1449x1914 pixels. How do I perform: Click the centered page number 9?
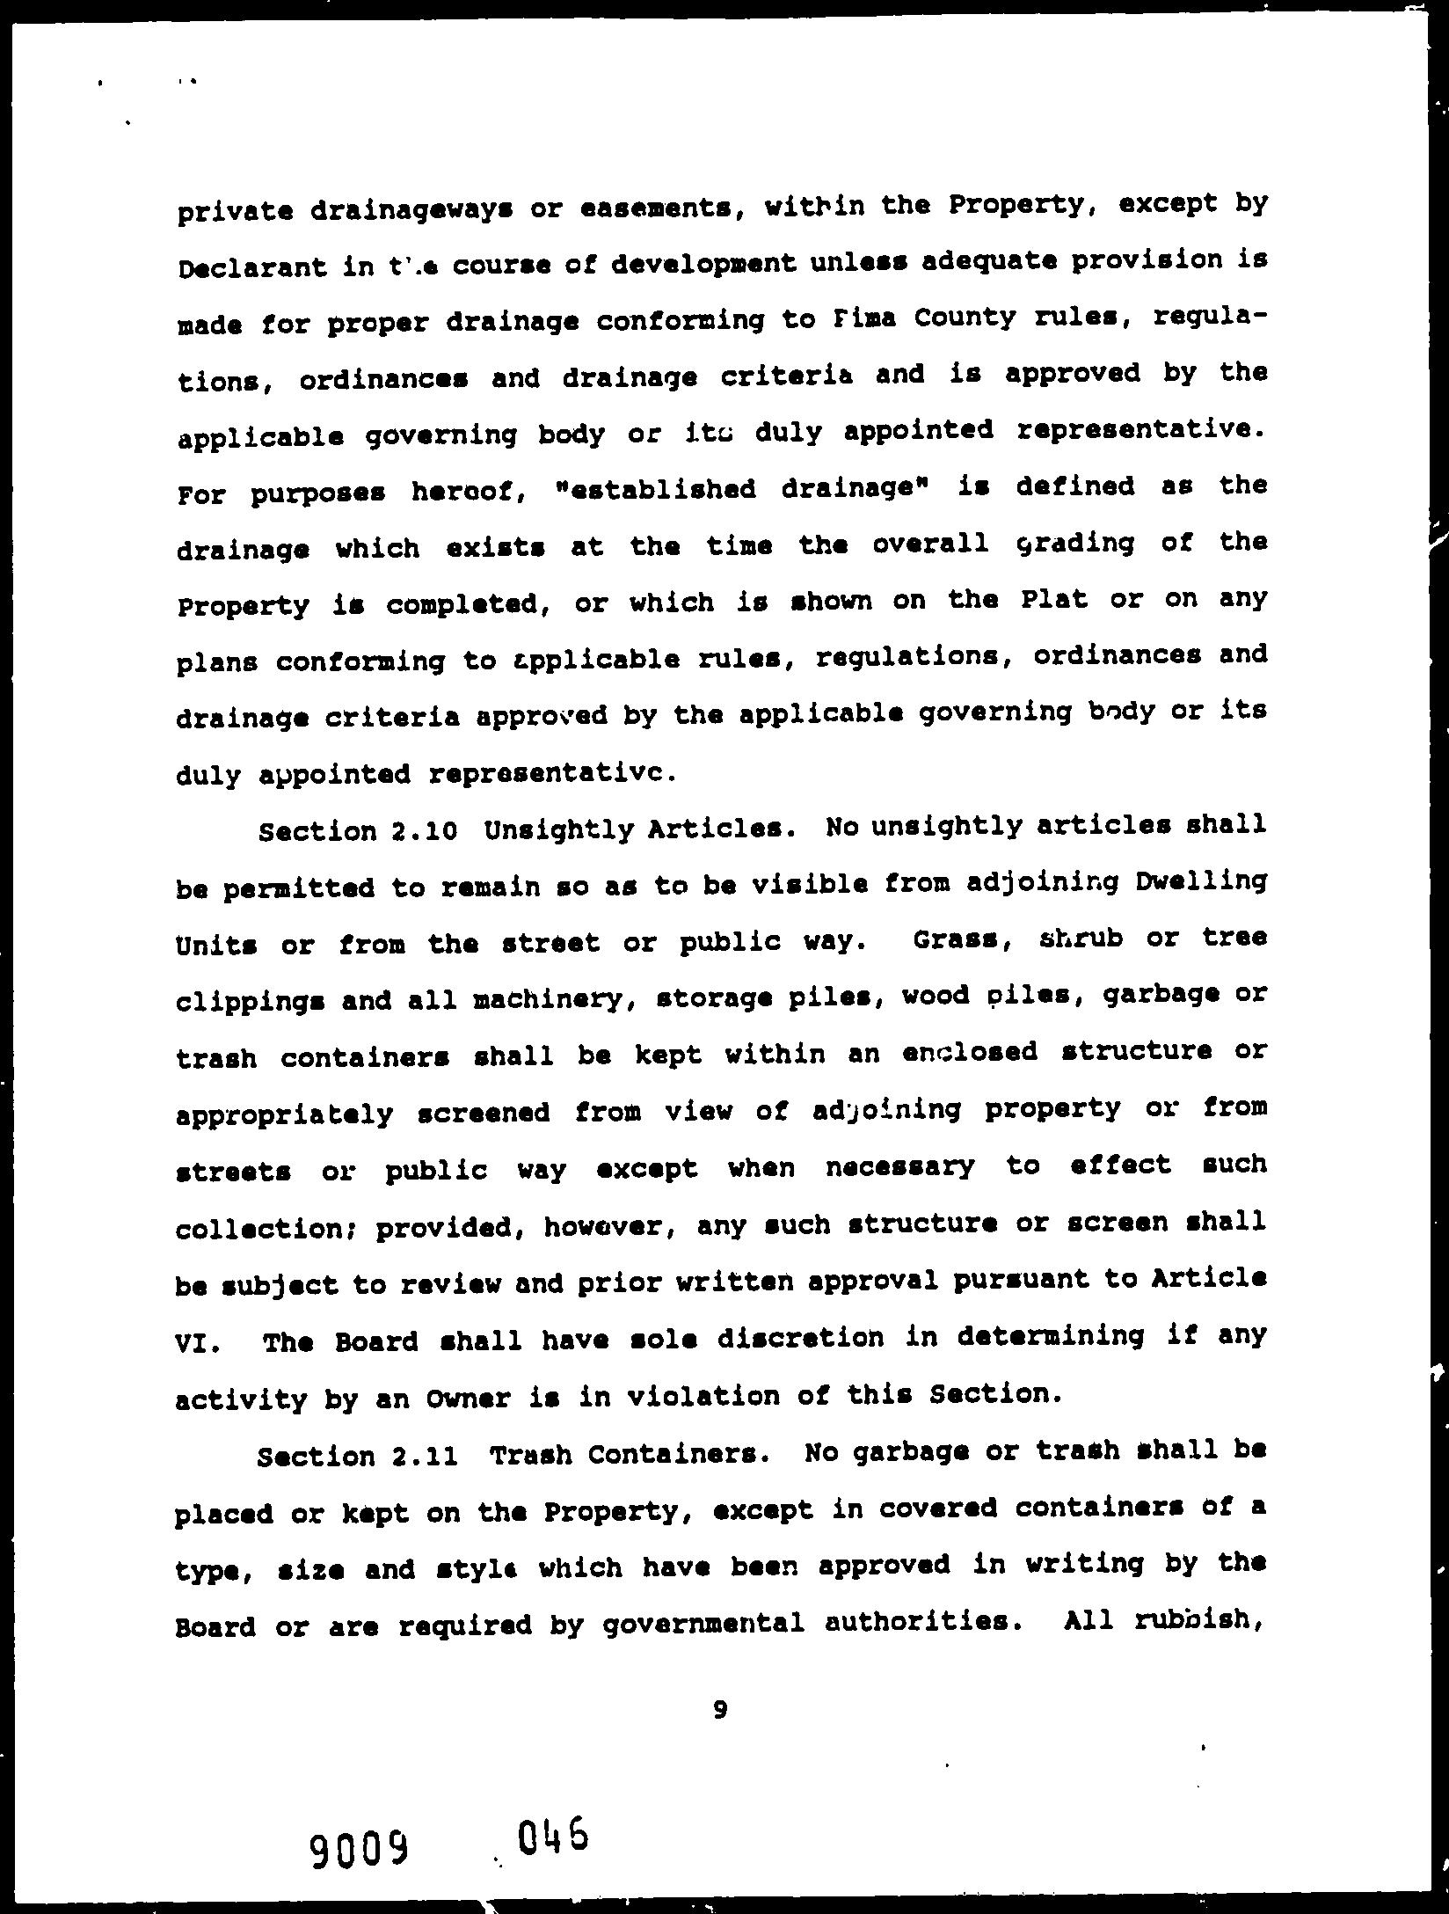720,1709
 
